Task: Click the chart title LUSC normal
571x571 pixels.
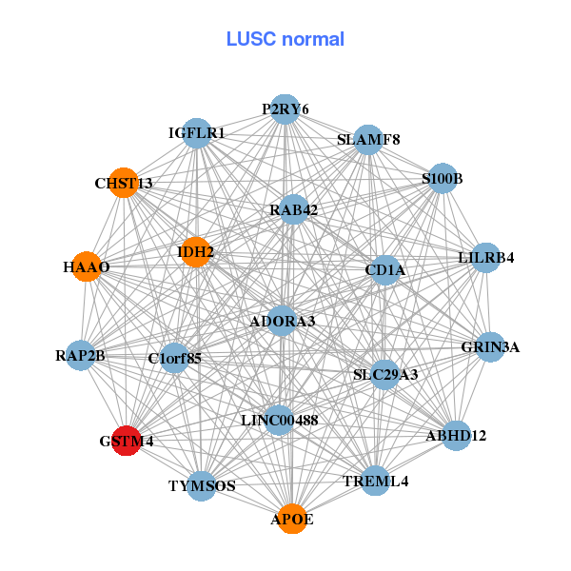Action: [x=285, y=39]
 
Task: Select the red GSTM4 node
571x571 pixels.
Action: [x=127, y=442]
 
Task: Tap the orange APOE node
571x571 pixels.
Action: [x=292, y=519]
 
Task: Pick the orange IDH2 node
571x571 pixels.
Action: [x=195, y=252]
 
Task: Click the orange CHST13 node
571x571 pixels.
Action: [x=124, y=182]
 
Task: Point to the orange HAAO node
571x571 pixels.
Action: [x=87, y=267]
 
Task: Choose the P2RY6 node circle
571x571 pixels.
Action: [x=285, y=109]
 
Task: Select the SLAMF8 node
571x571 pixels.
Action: [x=368, y=140]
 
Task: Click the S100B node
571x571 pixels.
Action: [x=443, y=178]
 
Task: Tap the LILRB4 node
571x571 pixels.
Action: [x=486, y=258]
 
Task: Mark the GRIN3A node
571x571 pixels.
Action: [x=490, y=346]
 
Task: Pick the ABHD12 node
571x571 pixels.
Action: [x=457, y=436]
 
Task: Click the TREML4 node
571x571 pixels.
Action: [x=376, y=481]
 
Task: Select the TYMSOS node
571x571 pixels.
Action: [x=202, y=485]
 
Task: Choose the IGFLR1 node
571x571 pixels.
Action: [x=197, y=133]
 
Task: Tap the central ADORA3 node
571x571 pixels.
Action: [x=282, y=322]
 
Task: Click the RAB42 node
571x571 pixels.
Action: [x=293, y=209]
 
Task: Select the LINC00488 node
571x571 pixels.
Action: [x=279, y=420]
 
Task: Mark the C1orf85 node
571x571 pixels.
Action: [x=175, y=359]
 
